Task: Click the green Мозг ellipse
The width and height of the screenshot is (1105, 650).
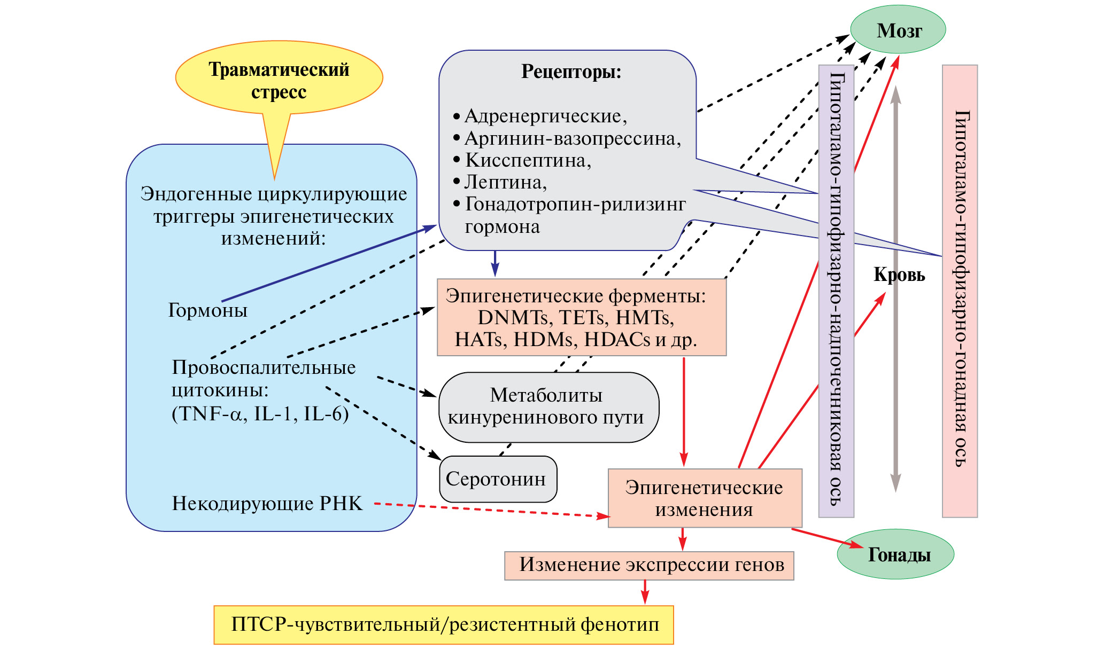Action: [898, 30]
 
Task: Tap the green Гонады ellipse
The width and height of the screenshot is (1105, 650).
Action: [896, 555]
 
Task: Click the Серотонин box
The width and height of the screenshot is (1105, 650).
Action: [498, 479]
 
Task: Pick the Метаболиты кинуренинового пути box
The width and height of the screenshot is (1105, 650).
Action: [548, 407]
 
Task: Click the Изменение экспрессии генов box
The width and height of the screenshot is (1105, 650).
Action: [649, 565]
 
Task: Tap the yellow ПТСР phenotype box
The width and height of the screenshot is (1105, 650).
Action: [443, 624]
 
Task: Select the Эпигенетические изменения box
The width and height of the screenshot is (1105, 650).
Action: [705, 498]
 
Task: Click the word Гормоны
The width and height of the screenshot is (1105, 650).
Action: [208, 310]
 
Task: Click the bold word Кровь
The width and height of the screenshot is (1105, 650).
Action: [899, 275]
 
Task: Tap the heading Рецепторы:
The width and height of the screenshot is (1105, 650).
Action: [571, 72]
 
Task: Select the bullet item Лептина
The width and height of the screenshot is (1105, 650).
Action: [505, 183]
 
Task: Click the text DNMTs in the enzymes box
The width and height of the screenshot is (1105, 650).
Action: [513, 318]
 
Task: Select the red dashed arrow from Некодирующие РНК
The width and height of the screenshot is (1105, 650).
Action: [492, 510]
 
